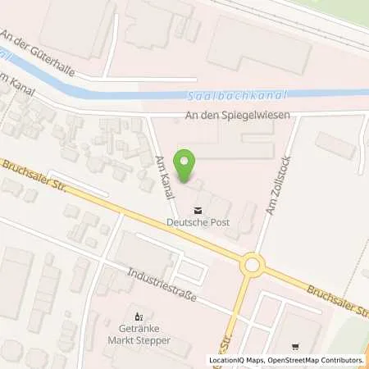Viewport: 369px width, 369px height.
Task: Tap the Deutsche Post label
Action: coord(198,221)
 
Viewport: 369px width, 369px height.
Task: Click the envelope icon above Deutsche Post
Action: coord(198,208)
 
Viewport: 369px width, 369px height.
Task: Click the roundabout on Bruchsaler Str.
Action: coord(252,265)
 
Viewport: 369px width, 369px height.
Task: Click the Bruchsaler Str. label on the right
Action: coord(336,297)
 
